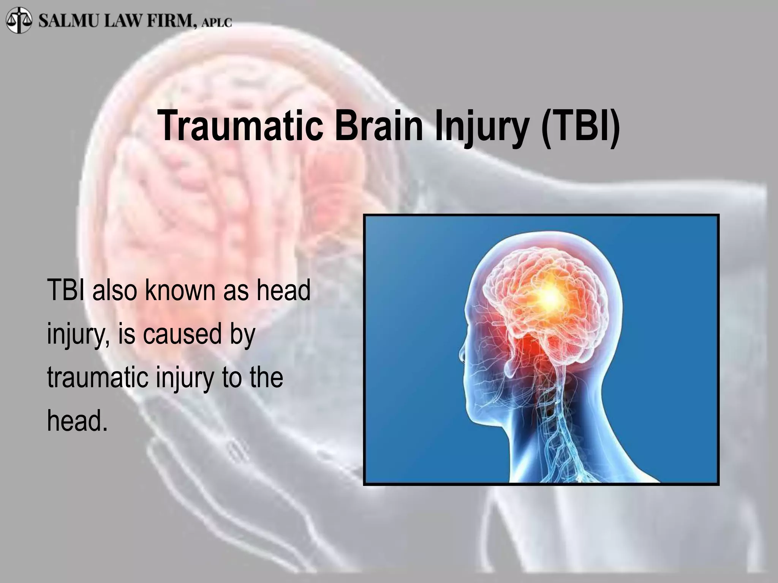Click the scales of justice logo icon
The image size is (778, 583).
[19, 20]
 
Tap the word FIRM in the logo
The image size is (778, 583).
[171, 20]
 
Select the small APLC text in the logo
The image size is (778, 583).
[217, 23]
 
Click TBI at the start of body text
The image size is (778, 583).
[65, 290]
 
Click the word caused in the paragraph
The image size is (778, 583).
[182, 334]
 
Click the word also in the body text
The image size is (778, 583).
[114, 290]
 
